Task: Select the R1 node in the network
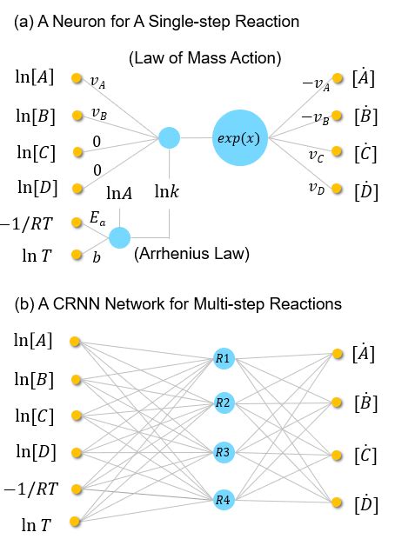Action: pyautogui.click(x=224, y=356)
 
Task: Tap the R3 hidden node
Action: pyautogui.click(x=224, y=452)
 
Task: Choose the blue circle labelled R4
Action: pyautogui.click(x=224, y=499)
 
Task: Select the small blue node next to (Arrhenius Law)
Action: pyautogui.click(x=119, y=237)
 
